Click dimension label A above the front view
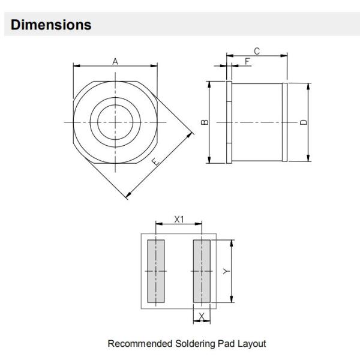coord(115,61)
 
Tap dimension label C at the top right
coord(256,50)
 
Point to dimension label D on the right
coord(304,122)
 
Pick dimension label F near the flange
coord(248,61)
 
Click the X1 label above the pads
coord(179,220)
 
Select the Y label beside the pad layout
coord(226,272)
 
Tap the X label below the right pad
coord(202,316)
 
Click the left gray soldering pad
coord(156,271)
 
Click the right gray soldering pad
coord(202,271)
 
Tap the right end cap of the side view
coord(284,122)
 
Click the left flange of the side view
coord(229,122)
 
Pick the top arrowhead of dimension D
coord(308,86)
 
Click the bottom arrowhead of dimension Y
coord(231,302)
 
